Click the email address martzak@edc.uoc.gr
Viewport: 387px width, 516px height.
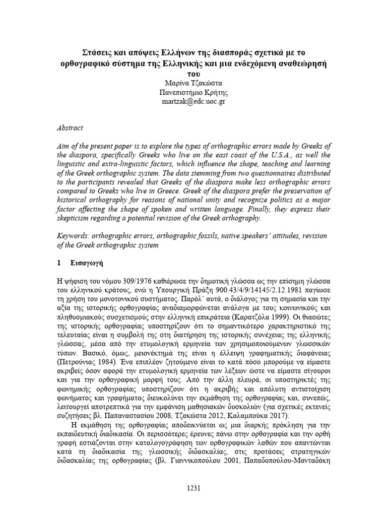point(193,101)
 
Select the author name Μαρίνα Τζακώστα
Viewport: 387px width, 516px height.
point(193,83)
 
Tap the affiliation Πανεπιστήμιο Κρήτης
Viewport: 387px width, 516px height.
point(193,92)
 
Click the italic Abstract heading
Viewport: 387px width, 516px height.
point(70,128)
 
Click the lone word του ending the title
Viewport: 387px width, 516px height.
point(193,74)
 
